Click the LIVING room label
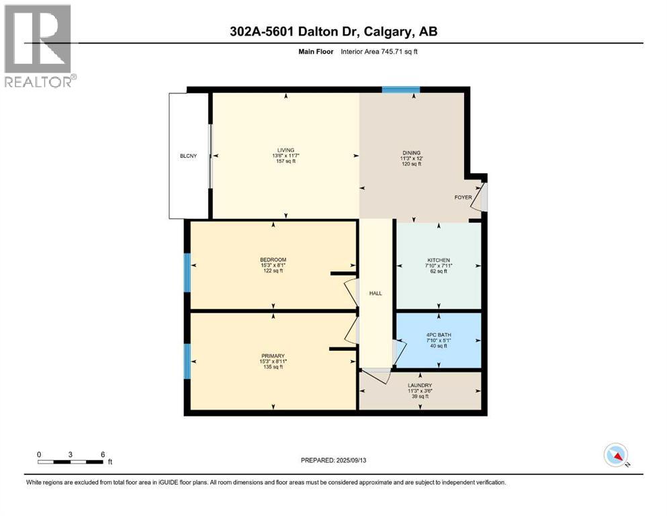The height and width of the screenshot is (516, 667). click(x=286, y=150)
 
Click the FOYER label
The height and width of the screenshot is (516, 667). click(x=463, y=198)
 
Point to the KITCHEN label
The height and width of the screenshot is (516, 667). click(x=439, y=261)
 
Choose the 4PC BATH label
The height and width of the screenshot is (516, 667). click(x=439, y=335)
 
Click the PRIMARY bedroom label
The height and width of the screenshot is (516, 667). click(x=273, y=356)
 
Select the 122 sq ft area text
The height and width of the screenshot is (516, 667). click(x=273, y=271)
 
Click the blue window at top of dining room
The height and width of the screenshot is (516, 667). click(x=401, y=89)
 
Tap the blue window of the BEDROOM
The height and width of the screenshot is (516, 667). click(x=187, y=273)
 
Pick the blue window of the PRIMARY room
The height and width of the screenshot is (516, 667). click(x=187, y=361)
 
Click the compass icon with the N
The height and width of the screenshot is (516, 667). click(x=616, y=456)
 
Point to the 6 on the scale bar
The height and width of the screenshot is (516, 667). click(x=102, y=455)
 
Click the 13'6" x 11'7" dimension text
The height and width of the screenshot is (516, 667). click(x=286, y=156)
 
